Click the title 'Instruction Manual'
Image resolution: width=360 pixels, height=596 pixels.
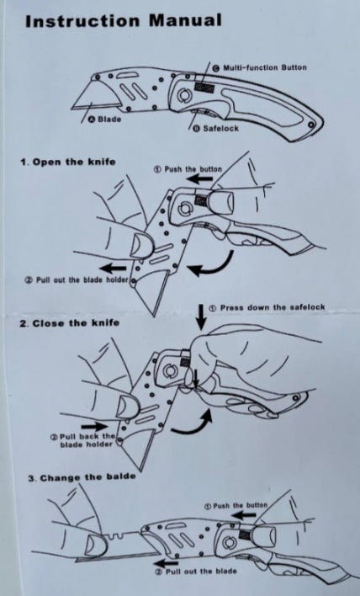click(123, 20)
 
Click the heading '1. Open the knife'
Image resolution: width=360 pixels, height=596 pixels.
click(67, 162)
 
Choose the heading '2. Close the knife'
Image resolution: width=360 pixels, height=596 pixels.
click(70, 323)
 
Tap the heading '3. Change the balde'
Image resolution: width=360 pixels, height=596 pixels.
click(82, 477)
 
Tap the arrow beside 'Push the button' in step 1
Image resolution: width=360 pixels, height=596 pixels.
click(199, 178)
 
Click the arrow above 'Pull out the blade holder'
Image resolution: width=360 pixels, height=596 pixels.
click(113, 268)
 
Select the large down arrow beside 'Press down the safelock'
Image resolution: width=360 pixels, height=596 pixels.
click(201, 317)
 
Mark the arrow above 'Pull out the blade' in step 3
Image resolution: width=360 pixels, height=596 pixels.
click(167, 562)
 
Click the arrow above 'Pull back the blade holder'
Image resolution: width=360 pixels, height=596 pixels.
click(94, 426)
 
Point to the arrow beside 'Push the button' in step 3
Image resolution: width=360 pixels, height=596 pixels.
click(244, 515)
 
